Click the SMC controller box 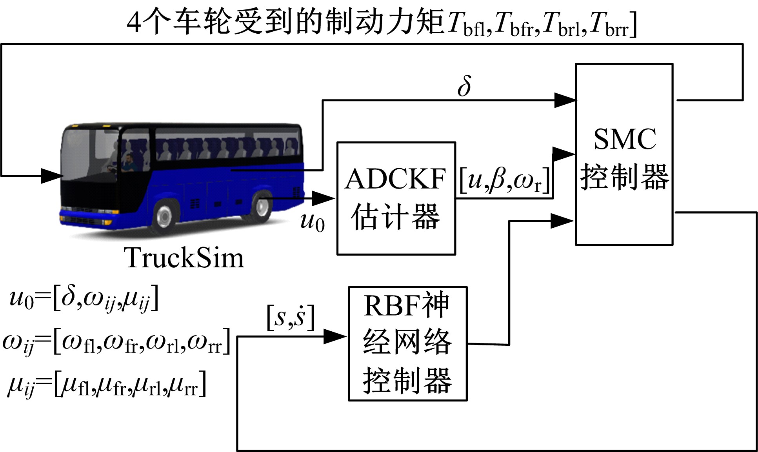tap(624, 154)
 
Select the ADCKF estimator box tap(396, 198)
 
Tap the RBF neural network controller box tap(407, 343)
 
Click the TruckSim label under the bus tap(184, 258)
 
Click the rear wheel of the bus tap(261, 206)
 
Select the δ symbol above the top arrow tap(464, 86)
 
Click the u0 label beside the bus tap(312, 221)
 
